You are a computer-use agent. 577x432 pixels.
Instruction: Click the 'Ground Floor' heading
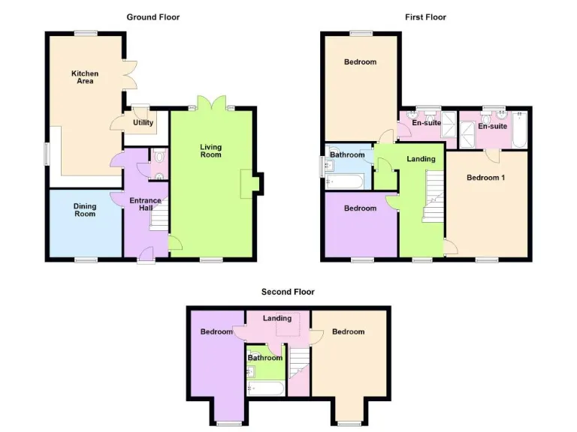coord(153,16)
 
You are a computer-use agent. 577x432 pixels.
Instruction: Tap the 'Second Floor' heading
coord(288,292)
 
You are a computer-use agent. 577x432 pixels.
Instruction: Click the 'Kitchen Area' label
coord(85,77)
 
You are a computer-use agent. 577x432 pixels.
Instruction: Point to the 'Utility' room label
coord(143,123)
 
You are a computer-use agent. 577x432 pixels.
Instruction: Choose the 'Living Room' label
coord(210,151)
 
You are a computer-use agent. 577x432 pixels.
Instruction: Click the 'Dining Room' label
coord(85,209)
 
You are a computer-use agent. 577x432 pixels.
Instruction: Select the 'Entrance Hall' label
coord(145,205)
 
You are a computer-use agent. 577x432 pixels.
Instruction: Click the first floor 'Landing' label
coord(421,159)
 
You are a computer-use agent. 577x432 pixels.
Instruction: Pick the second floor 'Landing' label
coord(276,319)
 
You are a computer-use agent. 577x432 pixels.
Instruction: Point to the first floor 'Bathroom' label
coord(347,155)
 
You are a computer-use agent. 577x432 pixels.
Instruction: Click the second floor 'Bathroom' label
coord(265,358)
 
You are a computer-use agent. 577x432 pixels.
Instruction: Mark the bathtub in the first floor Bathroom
coord(345,181)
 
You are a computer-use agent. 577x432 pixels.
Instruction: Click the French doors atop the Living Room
coord(210,103)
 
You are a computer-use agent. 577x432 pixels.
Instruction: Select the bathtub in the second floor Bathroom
coord(265,388)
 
